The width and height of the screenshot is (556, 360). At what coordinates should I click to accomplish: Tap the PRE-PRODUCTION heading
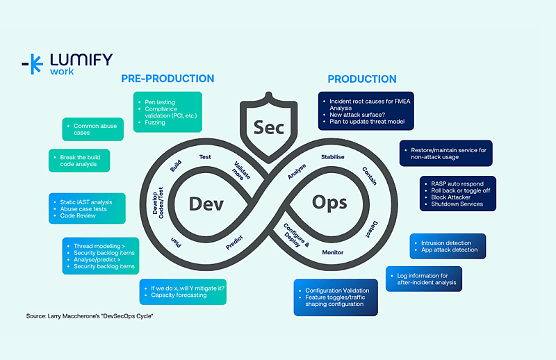(x=167, y=79)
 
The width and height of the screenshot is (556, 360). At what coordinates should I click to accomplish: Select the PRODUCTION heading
(x=362, y=79)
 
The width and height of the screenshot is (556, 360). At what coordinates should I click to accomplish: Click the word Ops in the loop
(x=329, y=203)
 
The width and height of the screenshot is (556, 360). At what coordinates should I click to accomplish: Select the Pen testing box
(x=167, y=112)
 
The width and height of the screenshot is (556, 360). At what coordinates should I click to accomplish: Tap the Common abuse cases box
(x=94, y=129)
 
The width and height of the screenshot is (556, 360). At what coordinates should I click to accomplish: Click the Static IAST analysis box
(x=87, y=208)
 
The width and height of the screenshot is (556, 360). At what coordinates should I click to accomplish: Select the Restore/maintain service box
(x=446, y=153)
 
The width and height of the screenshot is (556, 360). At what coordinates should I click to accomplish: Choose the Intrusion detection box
(x=448, y=246)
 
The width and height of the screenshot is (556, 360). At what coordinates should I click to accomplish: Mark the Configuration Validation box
(x=336, y=297)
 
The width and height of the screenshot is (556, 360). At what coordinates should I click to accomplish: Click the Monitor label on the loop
(x=332, y=252)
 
